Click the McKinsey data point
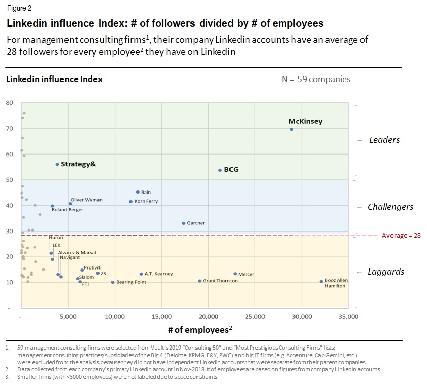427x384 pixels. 291,129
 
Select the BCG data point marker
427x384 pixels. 220,170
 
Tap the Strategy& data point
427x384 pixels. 57,164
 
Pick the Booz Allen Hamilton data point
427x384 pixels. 321,282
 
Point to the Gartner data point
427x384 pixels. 183,223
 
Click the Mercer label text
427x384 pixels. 246,274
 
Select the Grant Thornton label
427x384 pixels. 220,281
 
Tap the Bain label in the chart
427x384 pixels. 146,193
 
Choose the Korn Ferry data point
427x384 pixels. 130,202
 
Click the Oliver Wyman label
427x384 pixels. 86,200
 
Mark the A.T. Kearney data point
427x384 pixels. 141,274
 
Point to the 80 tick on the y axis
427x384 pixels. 9,103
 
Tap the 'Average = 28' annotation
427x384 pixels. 401,236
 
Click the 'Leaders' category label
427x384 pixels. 384,140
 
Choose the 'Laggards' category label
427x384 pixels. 386,272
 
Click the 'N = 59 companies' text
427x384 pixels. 316,79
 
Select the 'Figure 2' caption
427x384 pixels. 17,9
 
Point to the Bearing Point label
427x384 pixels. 131,282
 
